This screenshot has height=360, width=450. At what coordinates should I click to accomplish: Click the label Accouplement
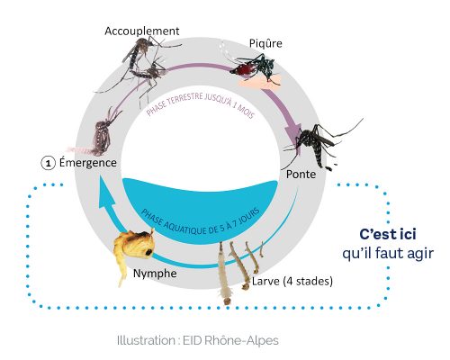142,31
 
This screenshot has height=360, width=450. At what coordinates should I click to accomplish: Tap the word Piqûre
265,43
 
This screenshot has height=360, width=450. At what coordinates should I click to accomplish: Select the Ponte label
301,175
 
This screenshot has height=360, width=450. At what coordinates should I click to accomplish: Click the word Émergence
88,163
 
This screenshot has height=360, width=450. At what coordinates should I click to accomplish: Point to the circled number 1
48,164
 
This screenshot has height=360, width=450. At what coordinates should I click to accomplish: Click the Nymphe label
155,274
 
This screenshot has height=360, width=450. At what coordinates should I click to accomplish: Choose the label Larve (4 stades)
292,282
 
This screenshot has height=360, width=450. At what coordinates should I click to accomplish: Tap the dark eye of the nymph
148,252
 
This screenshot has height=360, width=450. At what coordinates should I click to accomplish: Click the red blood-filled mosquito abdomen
243,68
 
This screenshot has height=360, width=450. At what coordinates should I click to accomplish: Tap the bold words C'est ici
388,234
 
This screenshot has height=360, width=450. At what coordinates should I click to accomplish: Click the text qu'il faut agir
388,254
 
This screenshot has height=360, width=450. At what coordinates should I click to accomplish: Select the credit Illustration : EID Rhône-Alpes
198,340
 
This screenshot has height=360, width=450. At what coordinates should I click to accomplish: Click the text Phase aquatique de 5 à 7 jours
200,222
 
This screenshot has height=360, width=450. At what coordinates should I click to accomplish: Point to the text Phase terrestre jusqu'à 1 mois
201,105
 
